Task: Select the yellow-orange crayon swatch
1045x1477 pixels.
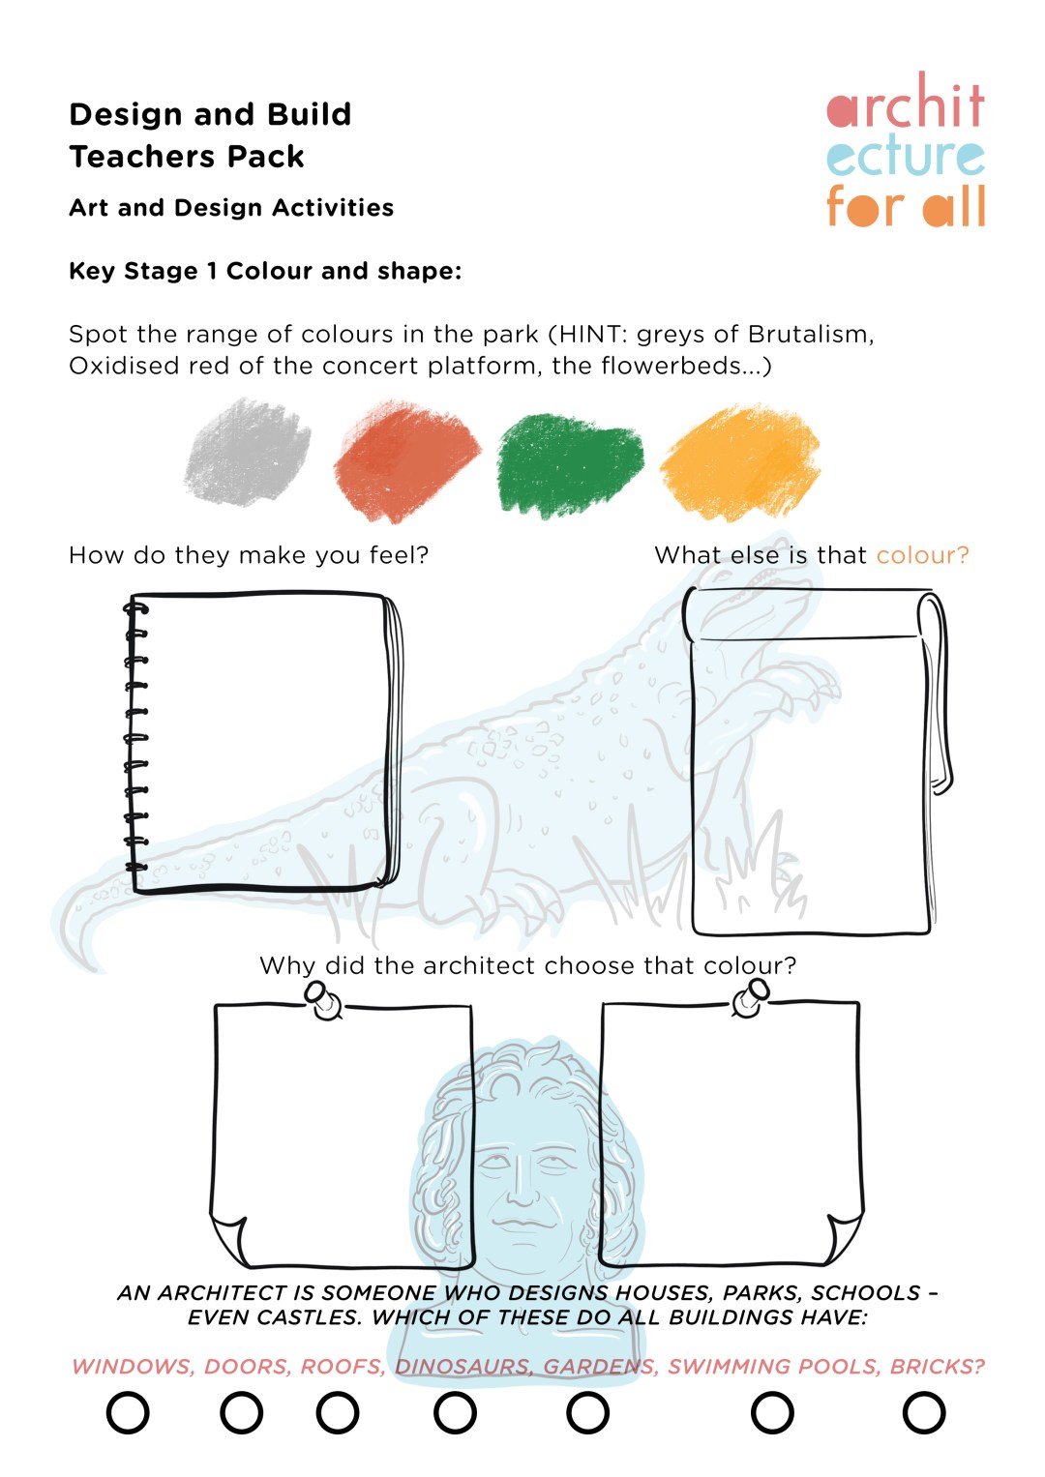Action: (740, 462)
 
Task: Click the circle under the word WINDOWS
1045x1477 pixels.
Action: (128, 1413)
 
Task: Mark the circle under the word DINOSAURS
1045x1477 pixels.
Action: (455, 1413)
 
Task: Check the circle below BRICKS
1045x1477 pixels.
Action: (923, 1413)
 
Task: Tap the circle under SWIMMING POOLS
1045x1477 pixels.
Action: (772, 1413)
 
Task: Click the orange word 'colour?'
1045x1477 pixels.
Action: (922, 555)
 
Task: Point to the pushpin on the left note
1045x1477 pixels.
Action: (323, 1000)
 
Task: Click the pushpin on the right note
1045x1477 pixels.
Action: (750, 998)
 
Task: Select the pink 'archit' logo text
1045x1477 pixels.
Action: (906, 104)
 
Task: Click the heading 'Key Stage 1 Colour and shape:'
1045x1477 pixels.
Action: (265, 272)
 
